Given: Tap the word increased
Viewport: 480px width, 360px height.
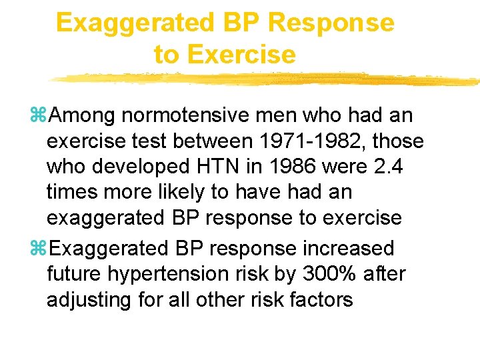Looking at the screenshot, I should [x=348, y=249].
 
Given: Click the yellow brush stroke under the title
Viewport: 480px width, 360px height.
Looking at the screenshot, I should [x=267, y=79].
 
